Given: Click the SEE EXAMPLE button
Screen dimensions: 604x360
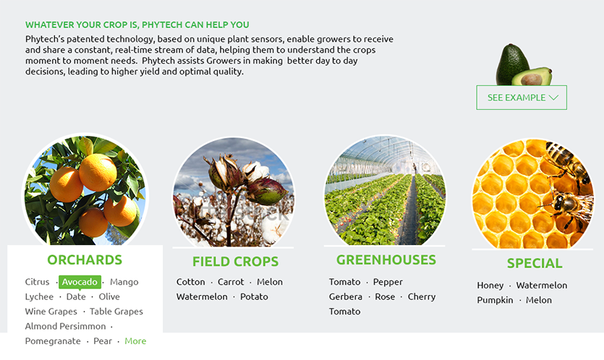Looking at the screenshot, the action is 522,98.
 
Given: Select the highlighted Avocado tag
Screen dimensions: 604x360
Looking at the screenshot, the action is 80,282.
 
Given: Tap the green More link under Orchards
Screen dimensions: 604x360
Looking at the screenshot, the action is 135,341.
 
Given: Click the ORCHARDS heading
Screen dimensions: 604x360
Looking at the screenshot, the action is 85,260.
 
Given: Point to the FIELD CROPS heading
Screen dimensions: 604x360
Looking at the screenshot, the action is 235,262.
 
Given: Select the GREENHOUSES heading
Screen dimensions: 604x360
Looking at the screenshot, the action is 386,260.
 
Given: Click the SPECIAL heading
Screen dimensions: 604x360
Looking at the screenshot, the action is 535,263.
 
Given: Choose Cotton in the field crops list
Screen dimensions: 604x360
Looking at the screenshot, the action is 191,282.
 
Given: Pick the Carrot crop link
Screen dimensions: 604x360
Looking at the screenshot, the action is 231,282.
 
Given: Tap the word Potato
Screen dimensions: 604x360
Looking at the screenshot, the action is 254,297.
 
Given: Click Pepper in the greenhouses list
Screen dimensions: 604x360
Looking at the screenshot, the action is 388,282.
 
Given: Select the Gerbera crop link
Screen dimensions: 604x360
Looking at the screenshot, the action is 346,297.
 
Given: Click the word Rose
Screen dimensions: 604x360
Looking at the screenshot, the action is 385,297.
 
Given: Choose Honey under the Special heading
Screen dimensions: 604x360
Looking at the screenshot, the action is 490,286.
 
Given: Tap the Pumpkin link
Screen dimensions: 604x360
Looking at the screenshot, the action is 495,300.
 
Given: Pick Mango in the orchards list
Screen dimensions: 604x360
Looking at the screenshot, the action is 124,282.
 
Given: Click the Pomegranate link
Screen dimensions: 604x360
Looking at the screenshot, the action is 53,341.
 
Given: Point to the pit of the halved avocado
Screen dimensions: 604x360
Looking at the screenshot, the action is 532,80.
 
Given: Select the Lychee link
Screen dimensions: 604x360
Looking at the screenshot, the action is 39,297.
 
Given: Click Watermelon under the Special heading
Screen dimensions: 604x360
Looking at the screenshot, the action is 542,286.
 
